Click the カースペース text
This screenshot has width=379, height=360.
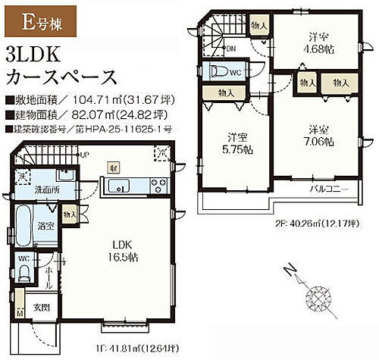pos(60,77)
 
